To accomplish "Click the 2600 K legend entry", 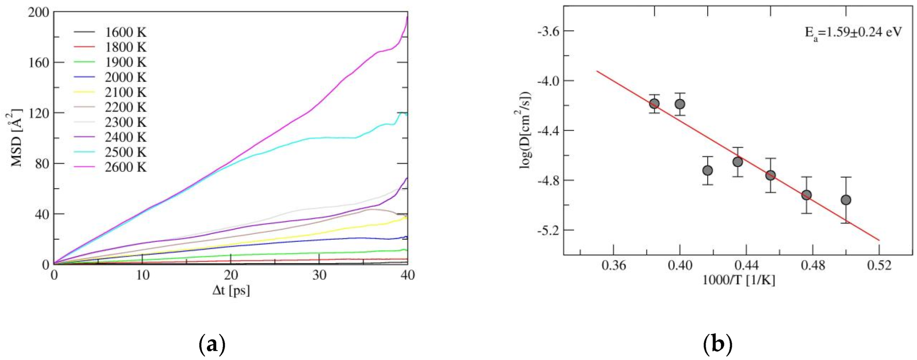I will (125, 167).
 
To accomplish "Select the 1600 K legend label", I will (125, 32).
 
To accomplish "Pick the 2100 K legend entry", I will (125, 92).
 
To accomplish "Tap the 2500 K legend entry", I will (125, 152).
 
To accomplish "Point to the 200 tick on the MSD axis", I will (38, 12).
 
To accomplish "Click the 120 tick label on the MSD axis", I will (38, 113).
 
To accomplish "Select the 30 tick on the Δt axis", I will (319, 276).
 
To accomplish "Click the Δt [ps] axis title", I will (231, 290).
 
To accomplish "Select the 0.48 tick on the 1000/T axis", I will (813, 265).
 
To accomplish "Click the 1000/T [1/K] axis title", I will (739, 280).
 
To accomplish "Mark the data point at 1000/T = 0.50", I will (846, 200).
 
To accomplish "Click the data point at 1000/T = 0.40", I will (680, 104).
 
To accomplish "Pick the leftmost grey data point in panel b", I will (654, 104).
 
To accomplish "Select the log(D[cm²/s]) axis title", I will (526, 130).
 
